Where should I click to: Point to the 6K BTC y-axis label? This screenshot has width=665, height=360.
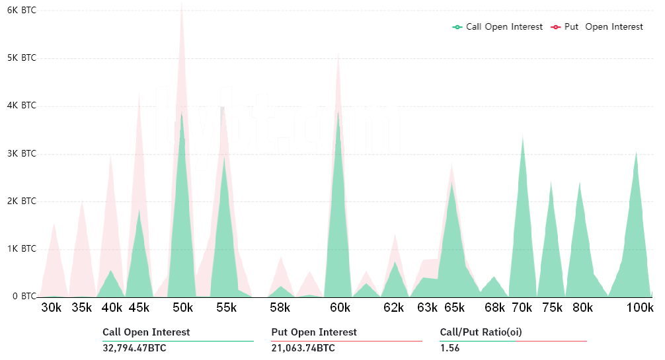[21, 11]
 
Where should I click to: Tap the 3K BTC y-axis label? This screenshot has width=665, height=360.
[21, 153]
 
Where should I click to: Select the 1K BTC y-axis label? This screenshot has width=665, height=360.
[21, 249]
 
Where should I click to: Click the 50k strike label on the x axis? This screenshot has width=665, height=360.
[182, 308]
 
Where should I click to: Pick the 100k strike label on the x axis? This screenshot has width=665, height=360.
[640, 308]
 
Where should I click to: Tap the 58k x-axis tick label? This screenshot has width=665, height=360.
[280, 308]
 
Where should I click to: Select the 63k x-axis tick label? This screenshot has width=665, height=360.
[428, 308]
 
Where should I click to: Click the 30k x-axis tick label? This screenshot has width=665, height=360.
[52, 308]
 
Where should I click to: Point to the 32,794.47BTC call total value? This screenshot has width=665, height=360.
[134, 348]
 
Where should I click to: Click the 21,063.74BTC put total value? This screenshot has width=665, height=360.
[303, 348]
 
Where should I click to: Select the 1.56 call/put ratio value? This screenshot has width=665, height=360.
[450, 348]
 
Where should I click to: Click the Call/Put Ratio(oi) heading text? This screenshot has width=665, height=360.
[481, 332]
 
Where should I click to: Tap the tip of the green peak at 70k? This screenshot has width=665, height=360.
[523, 137]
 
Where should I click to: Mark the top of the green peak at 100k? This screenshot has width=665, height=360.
[636, 153]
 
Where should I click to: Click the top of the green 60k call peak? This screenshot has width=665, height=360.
[338, 112]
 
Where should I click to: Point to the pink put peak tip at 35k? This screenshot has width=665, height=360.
[82, 201]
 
